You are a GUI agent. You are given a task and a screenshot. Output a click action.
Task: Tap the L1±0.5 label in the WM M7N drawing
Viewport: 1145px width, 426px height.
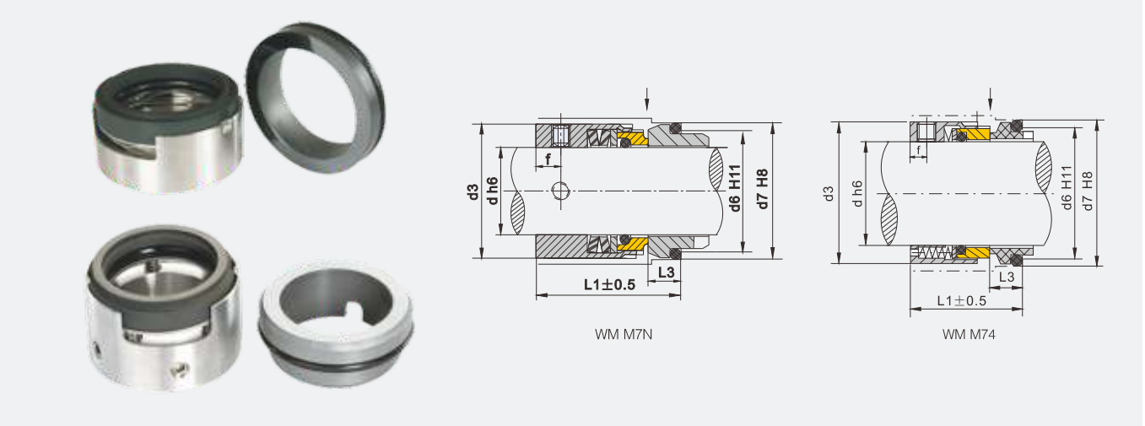608,284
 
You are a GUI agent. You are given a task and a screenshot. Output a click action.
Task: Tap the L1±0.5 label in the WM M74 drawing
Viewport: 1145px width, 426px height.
961,300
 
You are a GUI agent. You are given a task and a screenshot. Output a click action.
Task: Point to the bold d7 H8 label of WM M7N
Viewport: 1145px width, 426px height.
763,190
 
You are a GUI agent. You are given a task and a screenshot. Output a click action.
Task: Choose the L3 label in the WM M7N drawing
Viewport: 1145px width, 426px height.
665,272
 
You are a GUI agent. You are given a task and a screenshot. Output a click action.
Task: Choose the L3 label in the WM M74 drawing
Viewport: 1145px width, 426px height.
1006,277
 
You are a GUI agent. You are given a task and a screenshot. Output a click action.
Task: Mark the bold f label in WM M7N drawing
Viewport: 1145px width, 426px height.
548,159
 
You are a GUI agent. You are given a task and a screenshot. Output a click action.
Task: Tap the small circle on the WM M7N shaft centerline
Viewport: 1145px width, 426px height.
559,191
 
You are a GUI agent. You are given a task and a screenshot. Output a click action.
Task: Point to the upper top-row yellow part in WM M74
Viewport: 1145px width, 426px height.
974,135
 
